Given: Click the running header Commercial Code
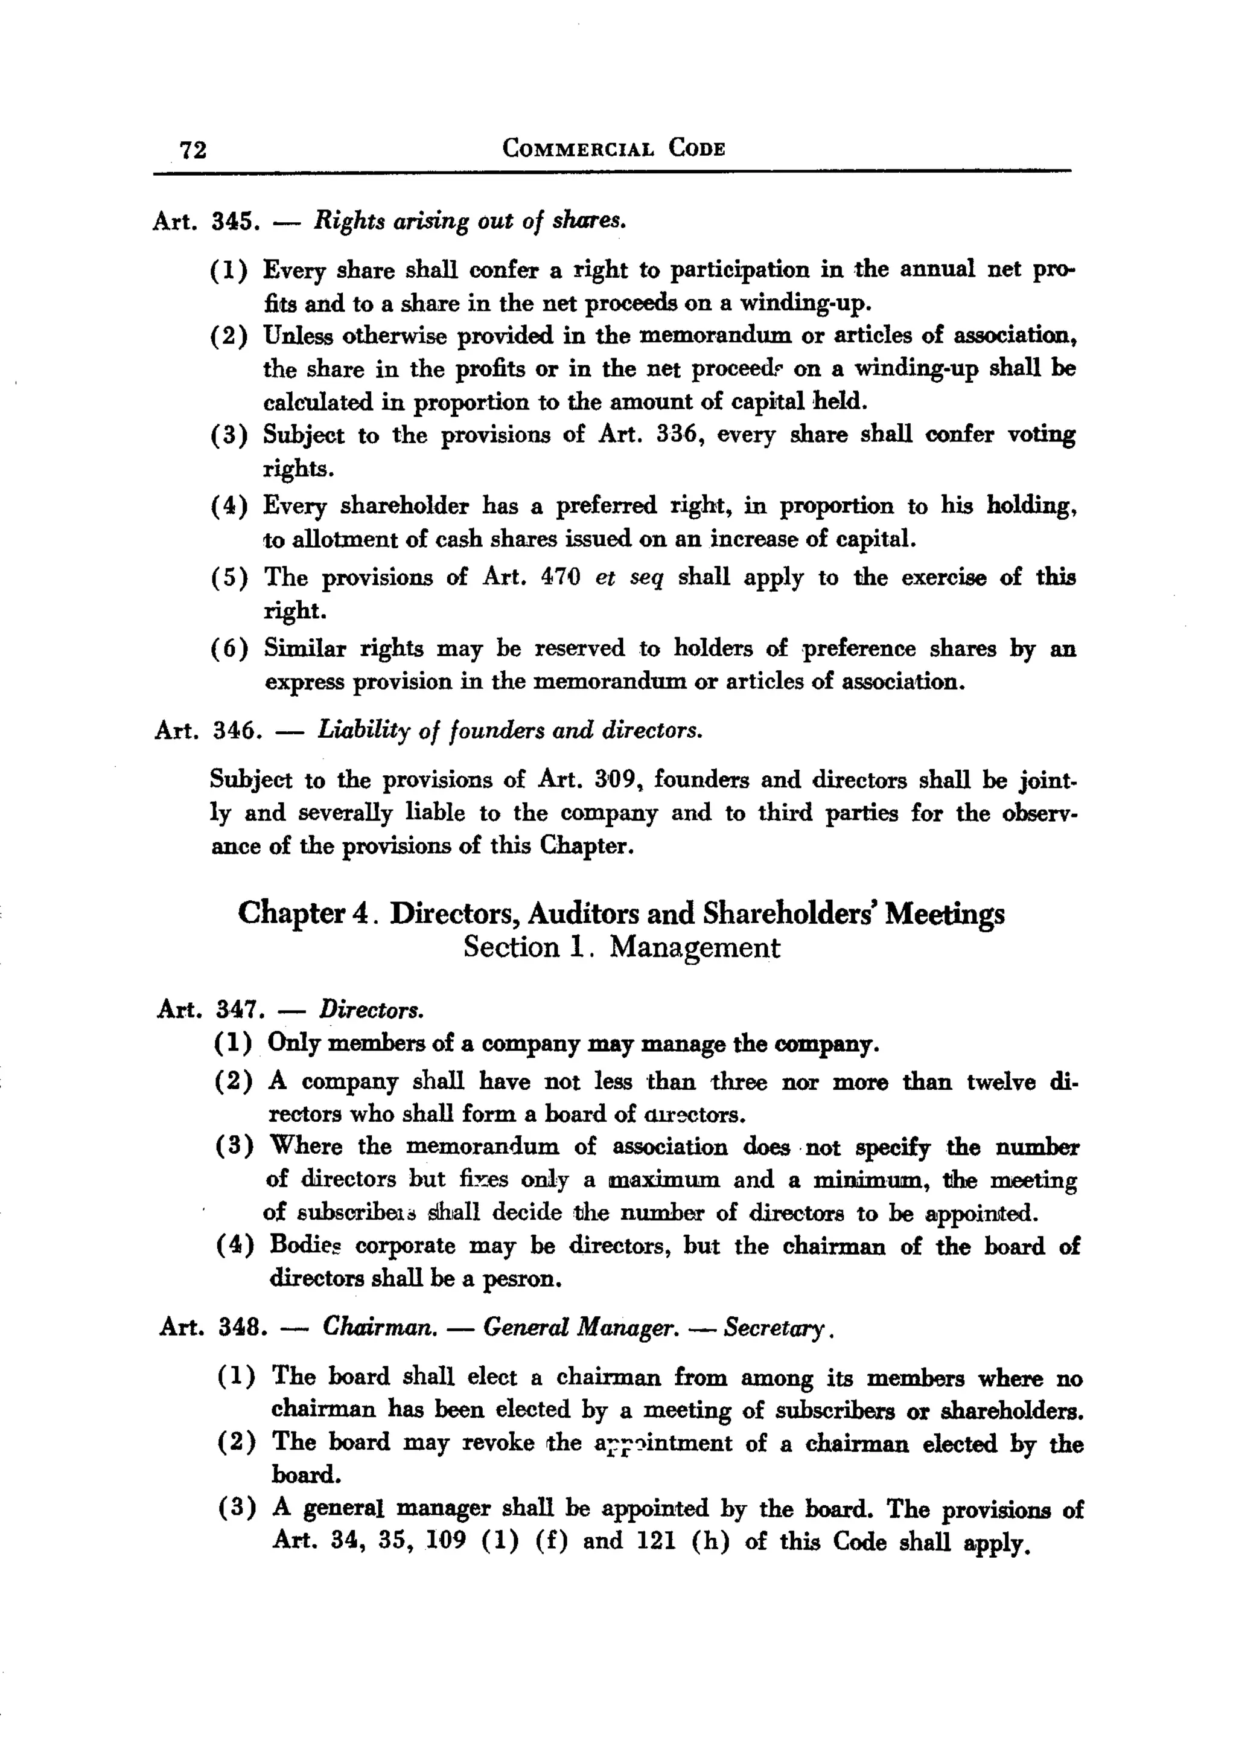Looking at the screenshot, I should tap(613, 147).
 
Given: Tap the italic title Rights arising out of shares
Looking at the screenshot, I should tap(471, 222).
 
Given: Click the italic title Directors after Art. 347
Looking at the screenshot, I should tap(371, 1010).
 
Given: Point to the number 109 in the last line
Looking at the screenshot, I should tap(445, 1541).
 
